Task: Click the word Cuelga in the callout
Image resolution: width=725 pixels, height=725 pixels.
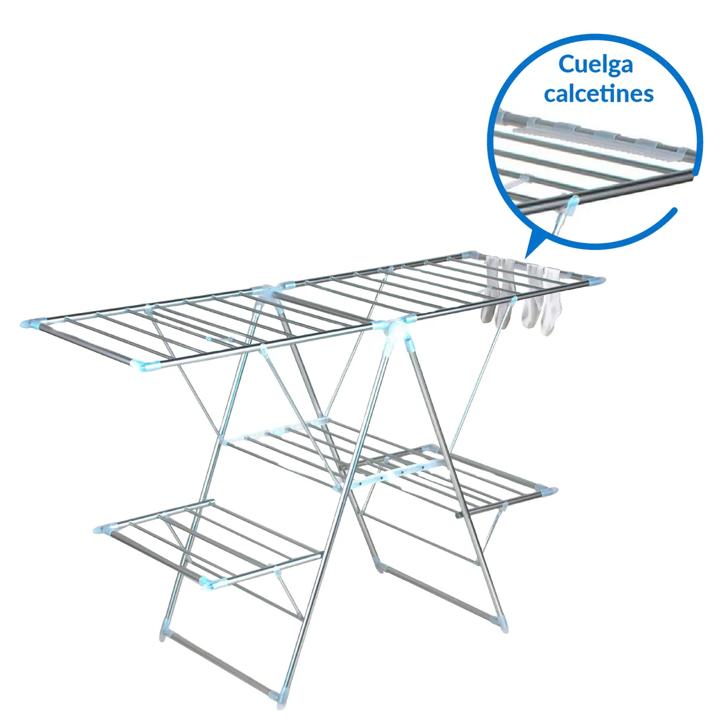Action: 595,65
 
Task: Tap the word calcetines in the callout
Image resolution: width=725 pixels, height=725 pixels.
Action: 598,94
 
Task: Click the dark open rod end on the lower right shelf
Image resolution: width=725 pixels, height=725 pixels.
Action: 459,516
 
